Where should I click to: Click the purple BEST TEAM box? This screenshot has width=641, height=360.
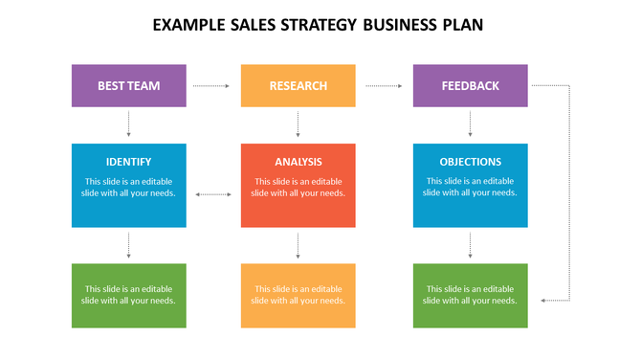pos(128,85)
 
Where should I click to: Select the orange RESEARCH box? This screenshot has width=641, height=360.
pos(298,85)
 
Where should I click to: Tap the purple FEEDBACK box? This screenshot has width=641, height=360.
pos(470,85)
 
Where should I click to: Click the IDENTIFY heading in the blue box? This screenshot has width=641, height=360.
pos(128,162)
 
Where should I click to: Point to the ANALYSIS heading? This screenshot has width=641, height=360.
pos(298,162)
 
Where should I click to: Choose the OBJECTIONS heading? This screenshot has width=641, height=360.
pos(470,162)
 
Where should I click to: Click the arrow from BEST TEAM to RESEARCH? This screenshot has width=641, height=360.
pos(211,86)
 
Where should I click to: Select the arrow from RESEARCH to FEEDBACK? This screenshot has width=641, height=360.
pos(384,86)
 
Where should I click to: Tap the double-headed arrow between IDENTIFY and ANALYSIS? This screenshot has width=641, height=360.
pos(212,194)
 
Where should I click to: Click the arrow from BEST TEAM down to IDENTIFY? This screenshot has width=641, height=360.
pos(128,124)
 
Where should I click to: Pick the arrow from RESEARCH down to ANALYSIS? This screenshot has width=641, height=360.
pos(298,124)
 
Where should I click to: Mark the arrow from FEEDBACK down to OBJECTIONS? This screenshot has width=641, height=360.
pos(470,124)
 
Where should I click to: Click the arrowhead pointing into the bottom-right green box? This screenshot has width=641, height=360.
pos(543,301)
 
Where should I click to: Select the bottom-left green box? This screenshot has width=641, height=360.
pos(128,295)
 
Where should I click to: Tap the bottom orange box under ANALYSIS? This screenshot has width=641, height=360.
pos(298,295)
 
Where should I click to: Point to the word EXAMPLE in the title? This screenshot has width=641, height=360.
pos(190,25)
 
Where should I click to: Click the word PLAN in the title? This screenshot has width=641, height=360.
pos(458,25)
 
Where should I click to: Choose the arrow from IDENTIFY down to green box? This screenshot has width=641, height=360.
pos(128,245)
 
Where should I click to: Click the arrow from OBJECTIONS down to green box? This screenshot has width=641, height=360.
pos(470,245)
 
